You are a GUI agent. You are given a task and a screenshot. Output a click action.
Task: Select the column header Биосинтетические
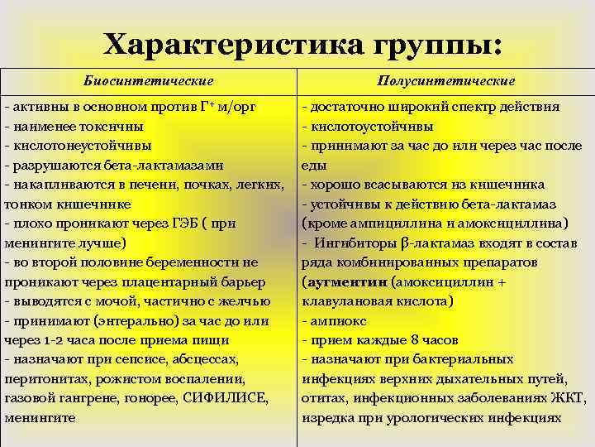point(149,81)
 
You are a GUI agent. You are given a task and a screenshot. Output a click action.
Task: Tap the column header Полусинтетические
point(445,81)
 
